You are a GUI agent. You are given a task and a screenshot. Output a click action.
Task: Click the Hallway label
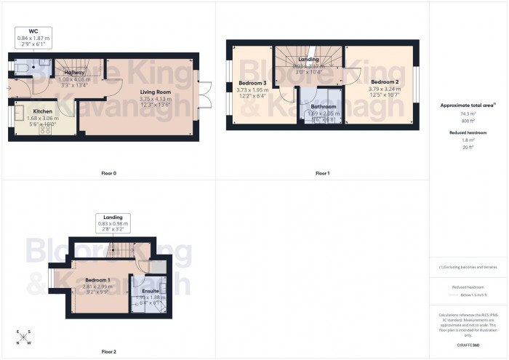coord(75,73)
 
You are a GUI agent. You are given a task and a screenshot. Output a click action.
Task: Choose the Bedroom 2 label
coord(385,81)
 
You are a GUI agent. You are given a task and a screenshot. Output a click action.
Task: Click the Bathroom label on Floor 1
coord(324,107)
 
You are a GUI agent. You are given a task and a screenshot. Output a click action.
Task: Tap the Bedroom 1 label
coord(97,280)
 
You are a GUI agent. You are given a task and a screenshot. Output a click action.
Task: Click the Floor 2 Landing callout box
coord(113,223)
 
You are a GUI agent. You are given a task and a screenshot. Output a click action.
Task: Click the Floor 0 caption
coord(109,173)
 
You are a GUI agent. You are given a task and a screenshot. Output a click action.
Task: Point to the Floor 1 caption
coord(323,173)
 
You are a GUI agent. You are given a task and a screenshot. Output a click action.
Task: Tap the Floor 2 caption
coord(109,351)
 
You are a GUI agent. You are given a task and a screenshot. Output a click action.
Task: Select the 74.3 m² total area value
coord(468,114)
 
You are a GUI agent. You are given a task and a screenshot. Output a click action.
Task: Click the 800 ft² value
coord(468,121)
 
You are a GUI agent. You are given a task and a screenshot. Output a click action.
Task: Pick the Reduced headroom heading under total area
coord(468,134)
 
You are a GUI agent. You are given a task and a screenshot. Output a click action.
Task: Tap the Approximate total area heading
coord(468,105)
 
